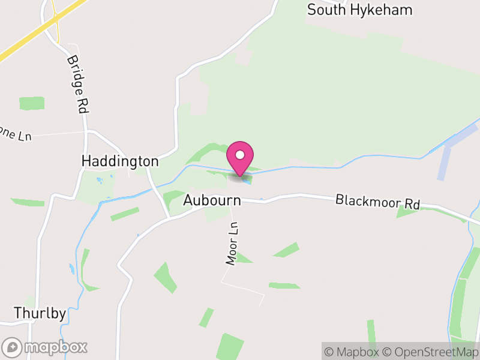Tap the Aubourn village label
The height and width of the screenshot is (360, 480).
[212, 200]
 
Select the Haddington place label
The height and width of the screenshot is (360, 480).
[120, 161]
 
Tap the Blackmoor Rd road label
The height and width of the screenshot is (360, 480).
[377, 201]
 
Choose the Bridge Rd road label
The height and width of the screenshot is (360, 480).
[77, 85]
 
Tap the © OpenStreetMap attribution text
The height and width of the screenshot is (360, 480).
[431, 352]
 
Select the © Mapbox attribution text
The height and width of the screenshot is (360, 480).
[352, 352]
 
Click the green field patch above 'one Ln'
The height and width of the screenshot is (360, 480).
[32, 103]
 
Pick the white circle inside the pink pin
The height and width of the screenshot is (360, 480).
[240, 155]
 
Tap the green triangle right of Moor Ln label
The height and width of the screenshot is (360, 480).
[243, 258]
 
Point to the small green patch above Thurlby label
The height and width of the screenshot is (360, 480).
[29, 302]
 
